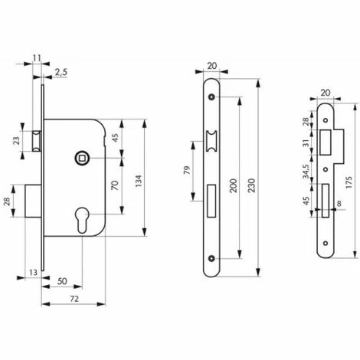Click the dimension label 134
(138, 181)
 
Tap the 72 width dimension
(74, 299)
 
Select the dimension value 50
(62, 281)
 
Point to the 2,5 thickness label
(61, 72)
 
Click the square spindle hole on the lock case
(81, 159)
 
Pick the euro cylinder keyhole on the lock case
(82, 220)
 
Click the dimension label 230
(251, 185)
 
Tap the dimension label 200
(234, 185)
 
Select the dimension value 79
(187, 170)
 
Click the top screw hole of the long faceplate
(211, 97)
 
